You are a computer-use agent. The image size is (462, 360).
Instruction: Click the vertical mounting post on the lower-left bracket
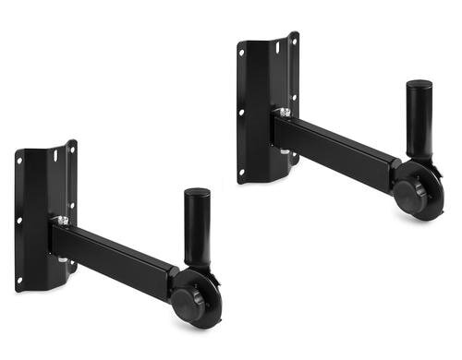197,231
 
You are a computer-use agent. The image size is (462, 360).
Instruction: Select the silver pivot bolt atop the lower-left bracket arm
62,221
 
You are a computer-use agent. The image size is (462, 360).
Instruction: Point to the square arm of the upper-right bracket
337,144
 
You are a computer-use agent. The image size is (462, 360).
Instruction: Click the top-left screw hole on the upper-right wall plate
243,54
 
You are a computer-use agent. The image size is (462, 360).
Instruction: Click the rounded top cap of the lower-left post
197,192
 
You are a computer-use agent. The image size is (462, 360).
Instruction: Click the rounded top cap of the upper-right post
419,84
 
